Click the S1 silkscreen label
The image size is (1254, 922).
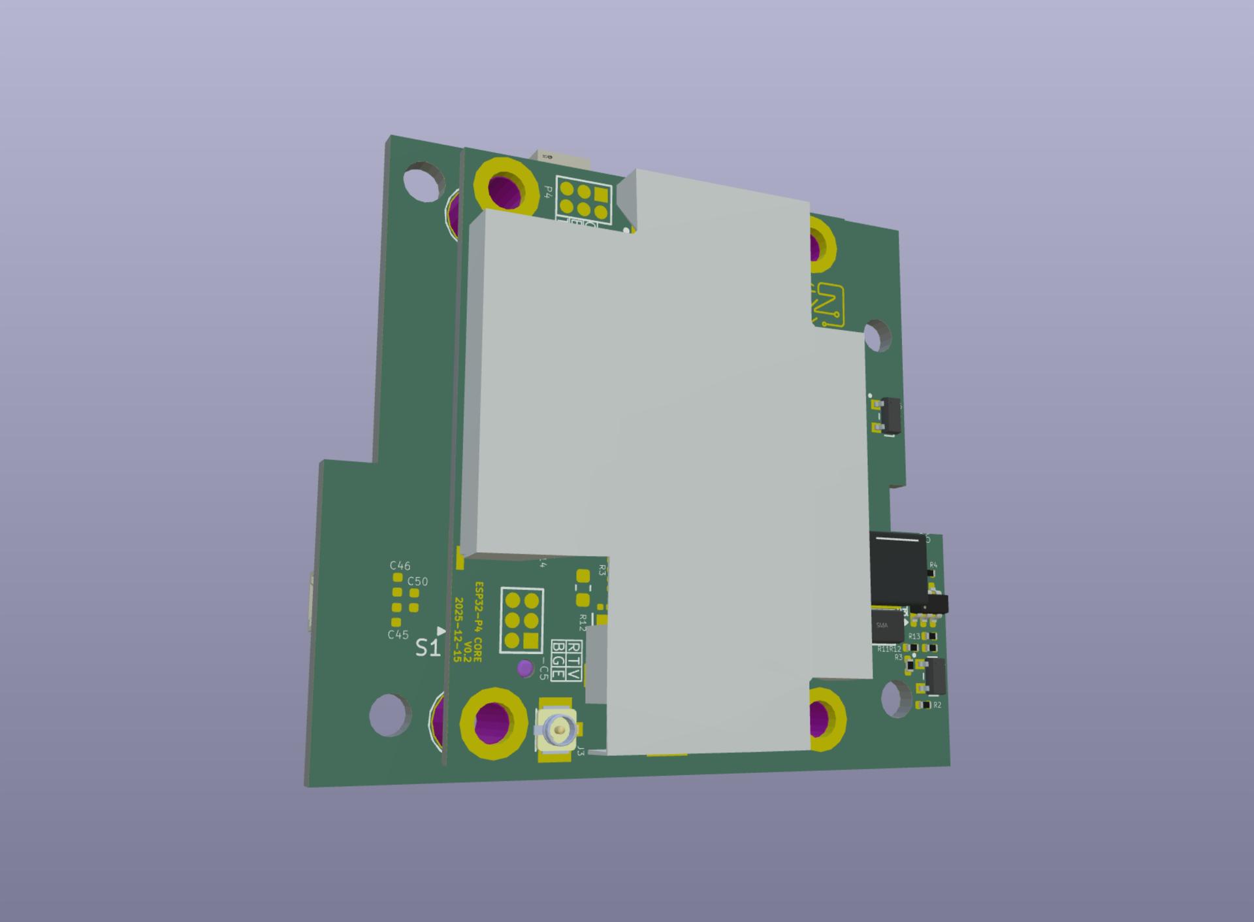coord(427,648)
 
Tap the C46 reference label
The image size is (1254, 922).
coord(400,566)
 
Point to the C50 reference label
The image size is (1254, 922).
coord(417,582)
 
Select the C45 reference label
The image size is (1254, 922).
coord(398,634)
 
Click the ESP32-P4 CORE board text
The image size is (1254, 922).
coord(478,621)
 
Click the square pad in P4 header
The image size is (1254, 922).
coord(601,194)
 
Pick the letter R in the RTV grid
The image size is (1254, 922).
coord(575,648)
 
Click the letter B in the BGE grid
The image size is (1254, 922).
coord(558,648)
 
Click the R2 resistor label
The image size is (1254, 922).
coord(937,706)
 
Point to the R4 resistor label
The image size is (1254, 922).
coord(933,565)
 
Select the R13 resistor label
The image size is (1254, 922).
coord(914,636)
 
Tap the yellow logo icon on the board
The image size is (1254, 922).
coord(828,305)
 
